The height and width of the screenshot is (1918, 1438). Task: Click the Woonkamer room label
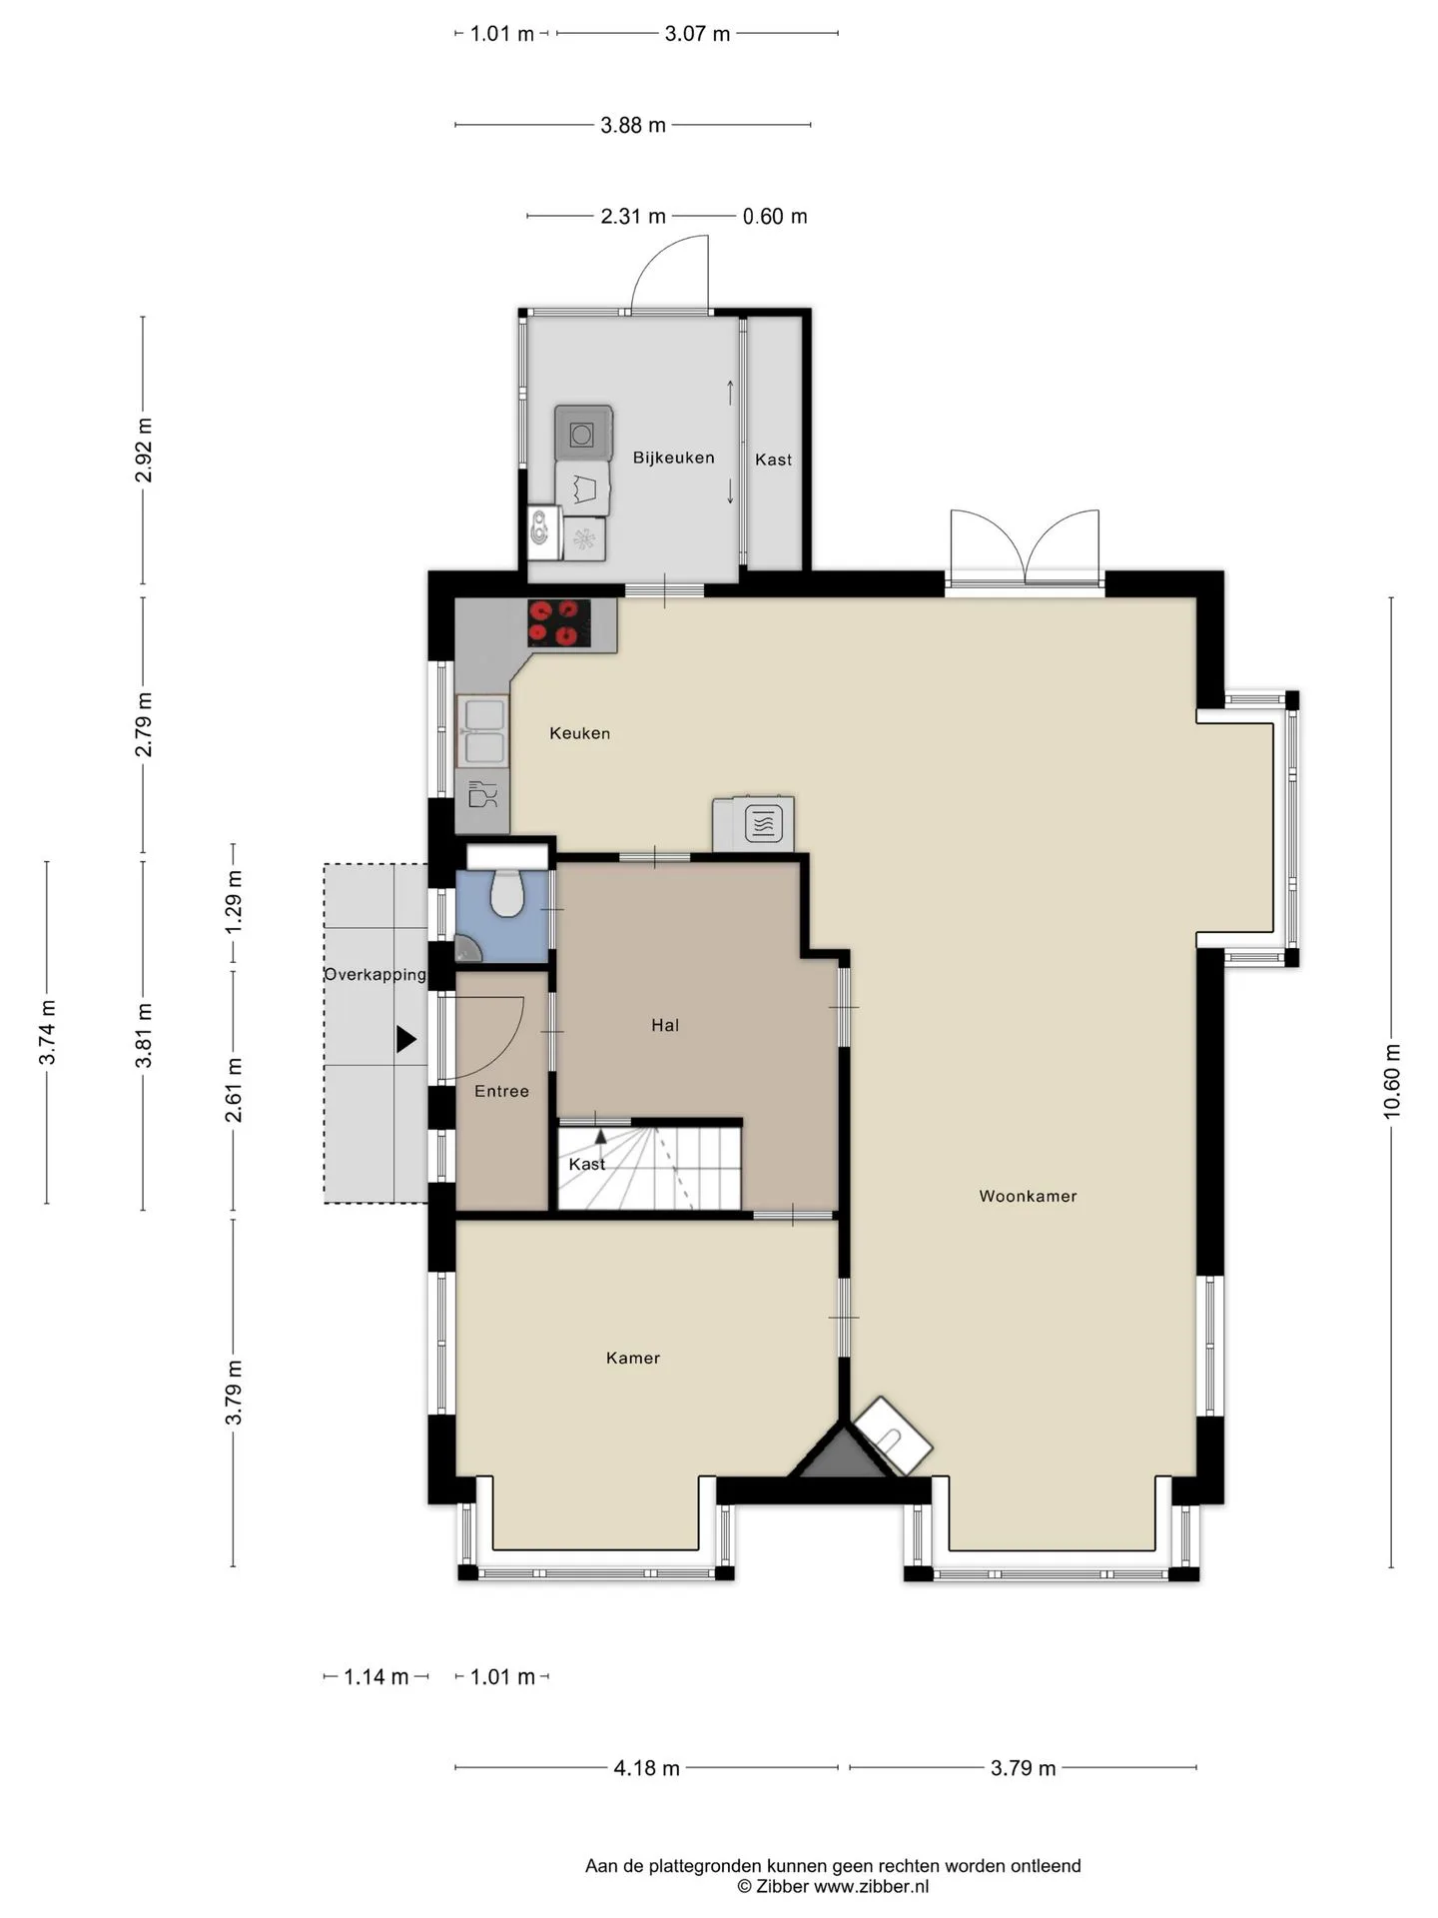(1028, 1196)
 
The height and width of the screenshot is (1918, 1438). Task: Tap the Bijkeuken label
(673, 458)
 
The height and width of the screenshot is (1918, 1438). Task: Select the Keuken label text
(579, 733)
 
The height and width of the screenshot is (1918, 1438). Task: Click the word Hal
(665, 1025)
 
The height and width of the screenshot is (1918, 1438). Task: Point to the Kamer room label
(633, 1358)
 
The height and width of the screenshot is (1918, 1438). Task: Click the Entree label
(501, 1092)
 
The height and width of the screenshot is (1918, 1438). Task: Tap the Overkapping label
(375, 975)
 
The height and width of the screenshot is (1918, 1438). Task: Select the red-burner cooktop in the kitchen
(558, 623)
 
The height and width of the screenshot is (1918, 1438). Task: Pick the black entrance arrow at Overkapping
(406, 1040)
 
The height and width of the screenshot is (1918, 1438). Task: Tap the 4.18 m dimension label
(646, 1768)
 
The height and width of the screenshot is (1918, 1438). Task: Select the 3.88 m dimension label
(633, 125)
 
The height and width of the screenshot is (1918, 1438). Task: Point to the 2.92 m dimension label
(144, 451)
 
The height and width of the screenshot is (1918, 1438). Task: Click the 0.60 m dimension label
(775, 216)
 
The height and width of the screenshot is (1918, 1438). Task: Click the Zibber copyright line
(833, 1887)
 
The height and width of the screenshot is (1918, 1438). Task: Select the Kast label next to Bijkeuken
(773, 460)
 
